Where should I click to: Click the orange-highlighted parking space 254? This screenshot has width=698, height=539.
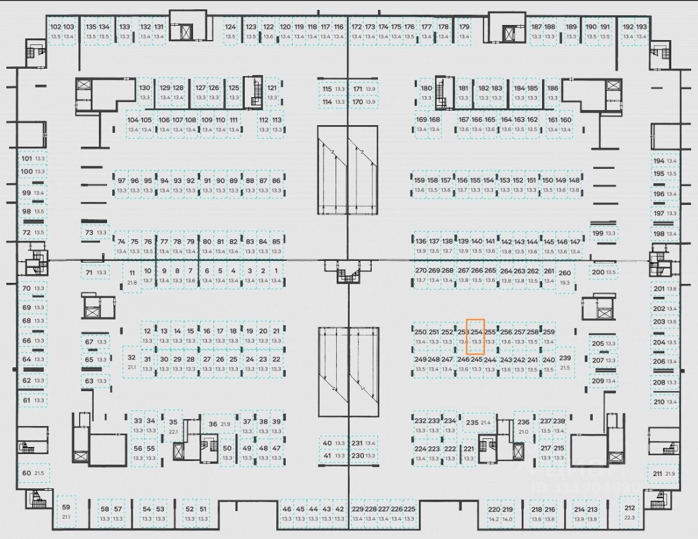[x=476, y=336]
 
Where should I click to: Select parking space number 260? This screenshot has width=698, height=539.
[x=564, y=277]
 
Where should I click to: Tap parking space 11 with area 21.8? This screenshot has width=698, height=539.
[x=132, y=278]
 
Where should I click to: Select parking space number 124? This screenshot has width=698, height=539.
[x=231, y=31]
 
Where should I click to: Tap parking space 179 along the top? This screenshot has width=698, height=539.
[x=464, y=31]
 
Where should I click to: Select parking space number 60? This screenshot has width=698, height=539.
[x=33, y=473]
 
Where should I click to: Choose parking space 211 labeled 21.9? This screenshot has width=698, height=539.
[x=664, y=474]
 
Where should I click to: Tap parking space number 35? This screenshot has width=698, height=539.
[x=173, y=427]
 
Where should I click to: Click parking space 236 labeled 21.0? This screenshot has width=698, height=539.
[x=523, y=427]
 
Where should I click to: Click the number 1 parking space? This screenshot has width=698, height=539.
[x=276, y=275]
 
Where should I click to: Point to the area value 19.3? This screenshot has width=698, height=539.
[x=564, y=282]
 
